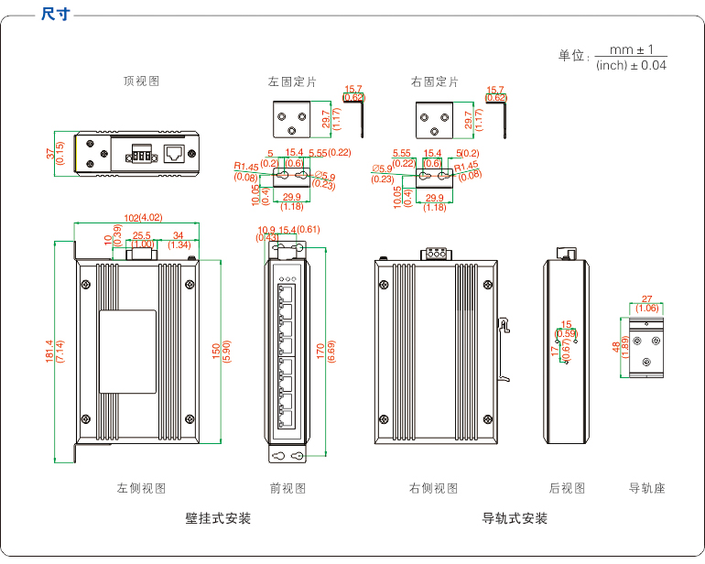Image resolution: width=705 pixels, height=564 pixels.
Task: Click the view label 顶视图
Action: (142, 81)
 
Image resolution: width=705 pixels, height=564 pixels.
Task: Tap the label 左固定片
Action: (292, 81)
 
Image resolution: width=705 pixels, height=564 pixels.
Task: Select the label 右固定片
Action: (435, 81)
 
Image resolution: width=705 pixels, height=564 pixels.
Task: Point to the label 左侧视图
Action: (142, 488)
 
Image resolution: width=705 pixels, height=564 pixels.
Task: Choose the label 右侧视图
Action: (433, 488)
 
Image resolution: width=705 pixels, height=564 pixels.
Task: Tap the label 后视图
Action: (567, 488)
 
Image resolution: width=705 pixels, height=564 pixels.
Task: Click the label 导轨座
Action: (647, 488)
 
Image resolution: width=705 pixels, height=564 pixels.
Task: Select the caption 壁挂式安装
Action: (218, 518)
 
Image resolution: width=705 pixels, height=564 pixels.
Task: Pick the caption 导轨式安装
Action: (515, 518)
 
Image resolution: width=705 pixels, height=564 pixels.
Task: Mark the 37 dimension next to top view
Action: (51, 153)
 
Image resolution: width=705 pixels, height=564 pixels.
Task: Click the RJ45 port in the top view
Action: (173, 153)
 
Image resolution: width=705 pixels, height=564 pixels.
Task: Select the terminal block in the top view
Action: (141, 153)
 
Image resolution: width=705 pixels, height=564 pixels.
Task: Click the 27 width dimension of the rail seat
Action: (646, 299)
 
